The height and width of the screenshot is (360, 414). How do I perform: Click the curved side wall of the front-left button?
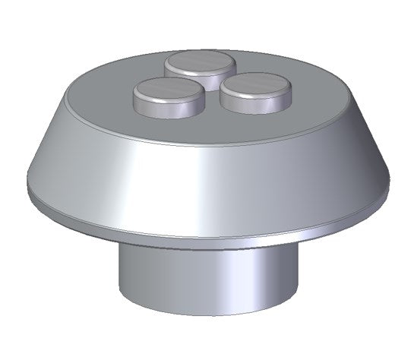(168, 109)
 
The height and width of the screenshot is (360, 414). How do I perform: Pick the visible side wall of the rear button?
(176, 72)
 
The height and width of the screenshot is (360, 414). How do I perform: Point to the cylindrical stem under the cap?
(205, 277)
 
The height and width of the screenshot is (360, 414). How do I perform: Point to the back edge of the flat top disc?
(228, 52)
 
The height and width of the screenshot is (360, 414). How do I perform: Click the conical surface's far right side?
(357, 163)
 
